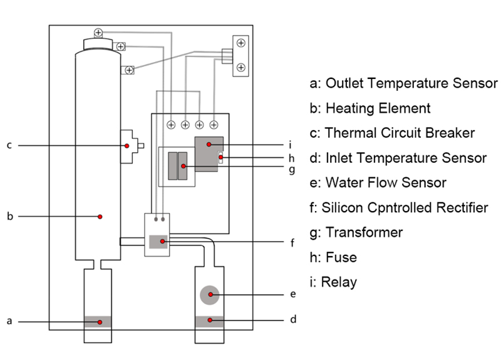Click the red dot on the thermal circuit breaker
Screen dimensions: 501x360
click(127, 146)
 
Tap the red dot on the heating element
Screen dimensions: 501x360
click(100, 217)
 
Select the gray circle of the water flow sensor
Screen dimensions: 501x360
click(210, 295)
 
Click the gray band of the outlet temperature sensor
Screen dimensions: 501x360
click(98, 322)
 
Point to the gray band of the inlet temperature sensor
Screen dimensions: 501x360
click(210, 322)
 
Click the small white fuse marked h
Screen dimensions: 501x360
click(220, 158)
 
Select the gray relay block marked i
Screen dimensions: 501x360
click(209, 154)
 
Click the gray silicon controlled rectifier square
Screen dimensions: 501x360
click(158, 242)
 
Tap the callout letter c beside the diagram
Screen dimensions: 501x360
click(9, 146)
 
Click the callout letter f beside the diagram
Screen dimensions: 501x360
click(292, 243)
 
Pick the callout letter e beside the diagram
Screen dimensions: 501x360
click(293, 294)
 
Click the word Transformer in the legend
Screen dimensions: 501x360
click(364, 232)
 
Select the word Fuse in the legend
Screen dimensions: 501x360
click(341, 257)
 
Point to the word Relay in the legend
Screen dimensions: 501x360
click(339, 282)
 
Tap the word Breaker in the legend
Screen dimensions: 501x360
click(450, 133)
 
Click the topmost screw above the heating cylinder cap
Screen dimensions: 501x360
click(98, 33)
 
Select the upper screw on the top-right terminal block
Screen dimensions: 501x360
click(241, 43)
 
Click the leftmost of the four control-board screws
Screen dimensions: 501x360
click(171, 125)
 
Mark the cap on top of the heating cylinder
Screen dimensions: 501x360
click(98, 44)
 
